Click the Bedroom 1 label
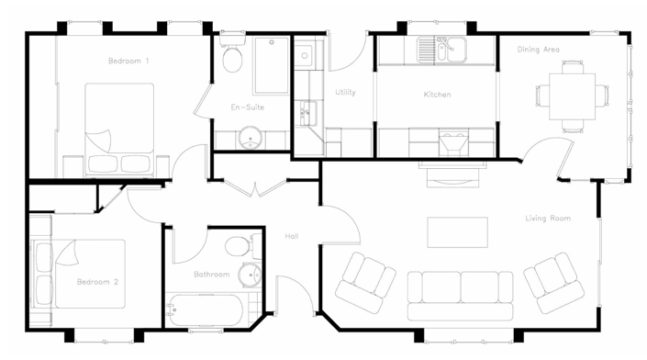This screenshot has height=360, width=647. click(128, 61)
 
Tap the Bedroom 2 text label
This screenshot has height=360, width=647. click(98, 281)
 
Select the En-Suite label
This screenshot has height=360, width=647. click(247, 107)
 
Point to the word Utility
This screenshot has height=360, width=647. click(345, 92)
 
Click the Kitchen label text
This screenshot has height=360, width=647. click(437, 95)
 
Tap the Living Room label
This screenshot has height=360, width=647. click(548, 219)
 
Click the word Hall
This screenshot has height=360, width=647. click(292, 236)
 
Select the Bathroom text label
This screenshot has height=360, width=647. click(211, 274)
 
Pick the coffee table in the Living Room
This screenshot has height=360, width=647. click(457, 232)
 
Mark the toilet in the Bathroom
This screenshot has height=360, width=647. click(238, 247)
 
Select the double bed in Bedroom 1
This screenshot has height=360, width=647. click(119, 129)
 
